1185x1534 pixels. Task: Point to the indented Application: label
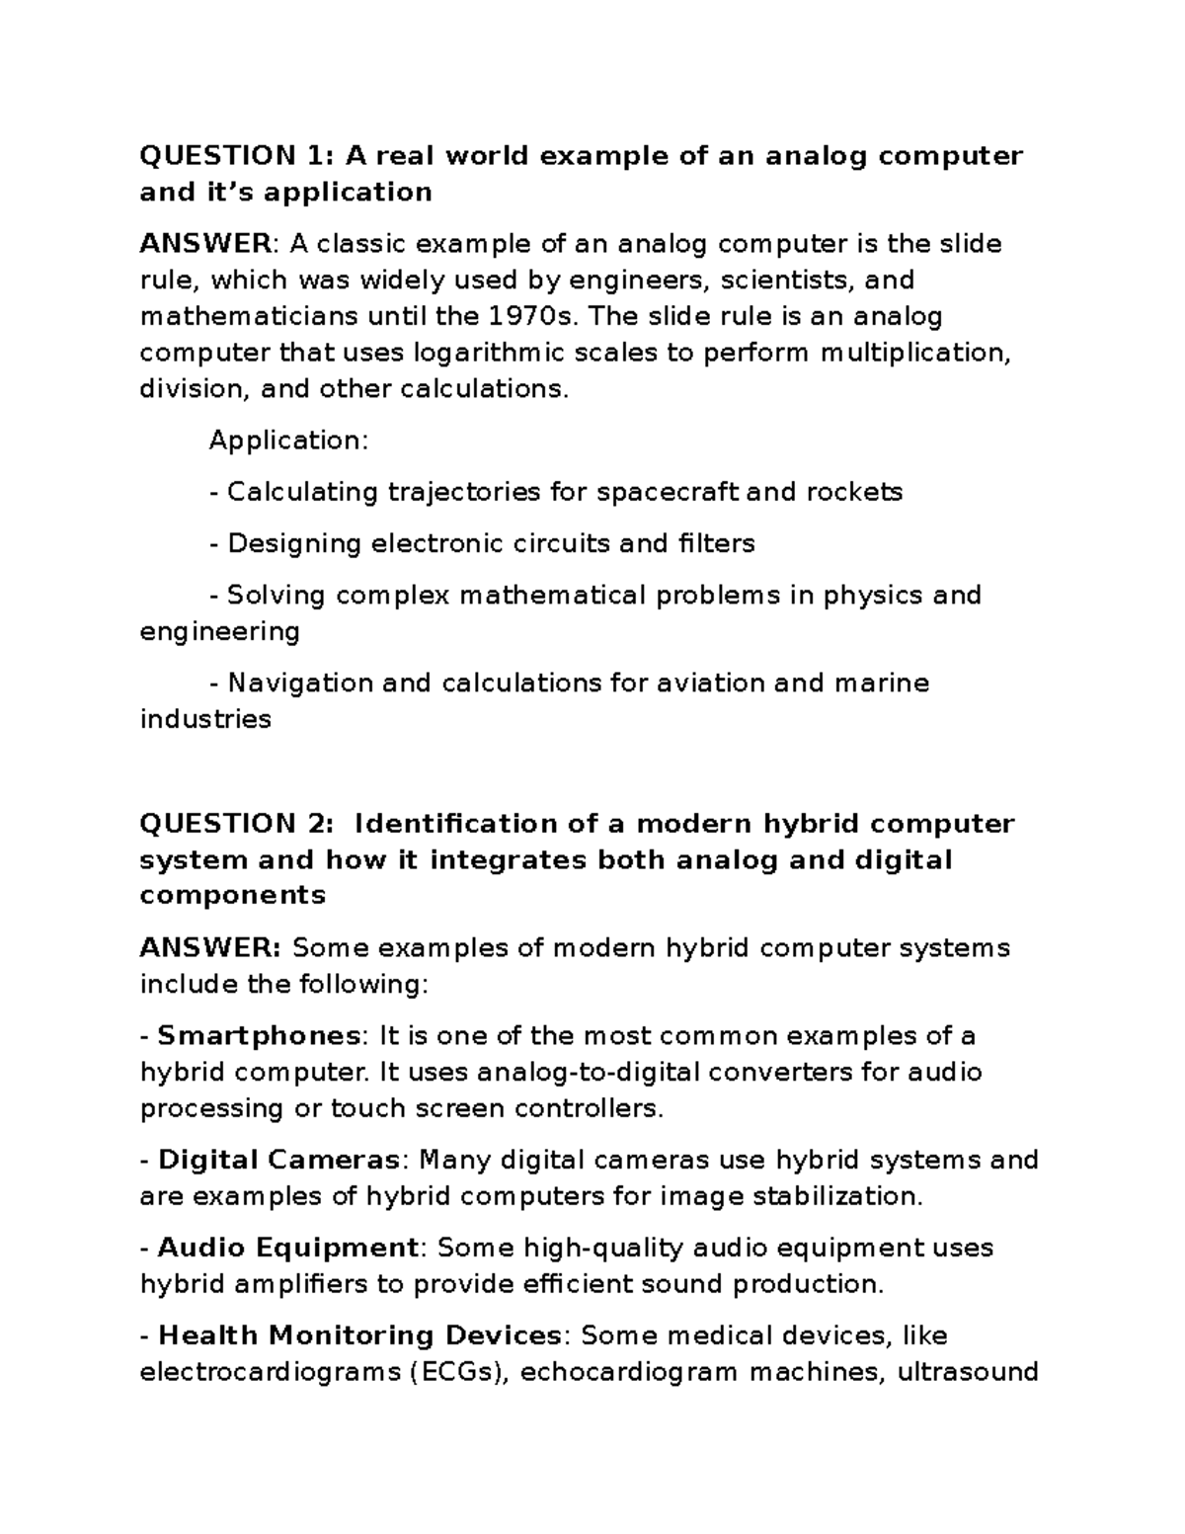(288, 441)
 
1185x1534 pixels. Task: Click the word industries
(205, 719)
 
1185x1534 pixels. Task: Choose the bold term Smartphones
(260, 1036)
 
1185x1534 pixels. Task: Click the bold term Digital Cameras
(279, 1160)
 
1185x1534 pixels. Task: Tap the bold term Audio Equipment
(288, 1248)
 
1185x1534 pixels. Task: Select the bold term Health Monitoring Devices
(359, 1335)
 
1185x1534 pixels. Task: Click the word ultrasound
(967, 1372)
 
